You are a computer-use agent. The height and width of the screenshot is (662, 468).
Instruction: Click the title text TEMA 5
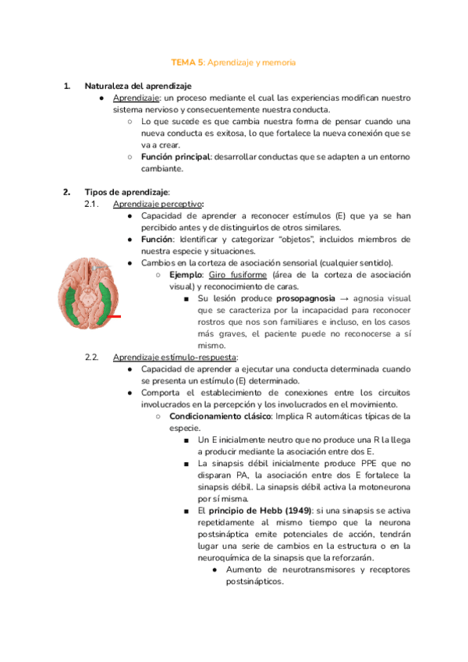click(187, 61)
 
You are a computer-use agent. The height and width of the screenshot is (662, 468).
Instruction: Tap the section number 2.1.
click(90, 204)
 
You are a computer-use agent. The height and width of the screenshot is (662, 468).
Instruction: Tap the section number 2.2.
click(91, 357)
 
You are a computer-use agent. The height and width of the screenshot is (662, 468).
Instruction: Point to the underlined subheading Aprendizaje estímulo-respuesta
click(175, 357)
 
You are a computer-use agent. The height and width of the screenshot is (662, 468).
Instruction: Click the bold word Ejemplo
click(186, 275)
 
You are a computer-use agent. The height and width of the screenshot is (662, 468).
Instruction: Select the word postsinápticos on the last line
click(253, 581)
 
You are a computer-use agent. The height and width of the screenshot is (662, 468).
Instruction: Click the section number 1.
click(66, 86)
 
